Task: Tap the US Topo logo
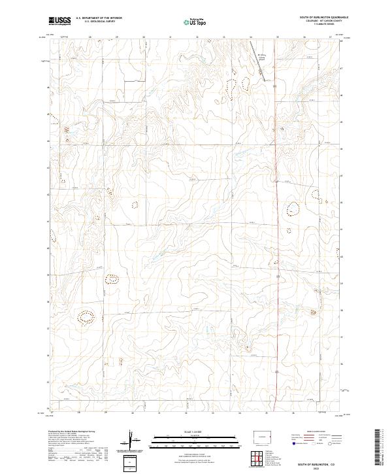tap(192, 21)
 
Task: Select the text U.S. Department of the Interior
tap(99, 18)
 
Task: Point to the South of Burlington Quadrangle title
tap(324, 17)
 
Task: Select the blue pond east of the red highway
tap(291, 210)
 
